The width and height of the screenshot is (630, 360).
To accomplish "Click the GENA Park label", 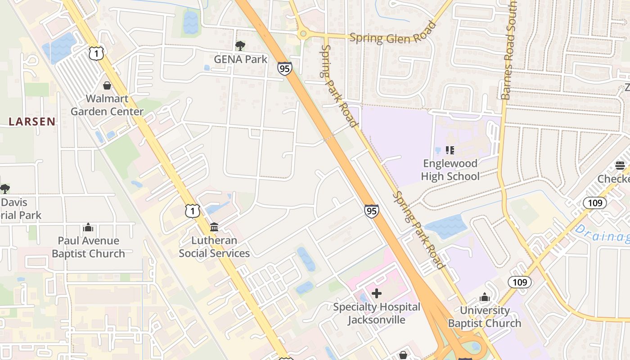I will tap(240, 59).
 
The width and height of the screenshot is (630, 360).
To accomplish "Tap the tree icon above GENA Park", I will tap(240, 45).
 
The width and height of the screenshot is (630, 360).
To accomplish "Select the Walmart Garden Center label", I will tap(107, 105).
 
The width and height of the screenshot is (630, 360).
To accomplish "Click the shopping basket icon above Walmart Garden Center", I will tap(107, 85).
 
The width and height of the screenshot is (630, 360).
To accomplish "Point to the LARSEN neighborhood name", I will tap(32, 121).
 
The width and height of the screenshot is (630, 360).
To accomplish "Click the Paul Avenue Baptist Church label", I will tap(88, 247).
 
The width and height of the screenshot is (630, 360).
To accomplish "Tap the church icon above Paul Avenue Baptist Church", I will tap(88, 227).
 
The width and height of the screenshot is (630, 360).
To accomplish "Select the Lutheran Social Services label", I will tap(214, 247).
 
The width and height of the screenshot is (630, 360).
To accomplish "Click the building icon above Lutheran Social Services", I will tap(214, 227).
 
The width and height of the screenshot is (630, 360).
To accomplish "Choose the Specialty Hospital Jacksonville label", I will tap(377, 313).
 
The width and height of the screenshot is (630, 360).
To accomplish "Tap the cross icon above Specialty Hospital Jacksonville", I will tap(377, 294).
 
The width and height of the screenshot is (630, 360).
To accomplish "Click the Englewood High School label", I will tap(450, 170).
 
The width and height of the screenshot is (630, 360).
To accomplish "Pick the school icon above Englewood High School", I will tap(450, 150).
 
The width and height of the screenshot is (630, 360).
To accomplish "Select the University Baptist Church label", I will tap(485, 317).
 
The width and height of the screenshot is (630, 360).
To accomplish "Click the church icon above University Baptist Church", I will tap(485, 297).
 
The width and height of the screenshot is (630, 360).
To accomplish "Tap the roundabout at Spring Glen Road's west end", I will tap(303, 33).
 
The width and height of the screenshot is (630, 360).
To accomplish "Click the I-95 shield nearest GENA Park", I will tap(284, 68).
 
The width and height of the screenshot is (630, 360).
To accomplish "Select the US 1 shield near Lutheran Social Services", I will tap(192, 211).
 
